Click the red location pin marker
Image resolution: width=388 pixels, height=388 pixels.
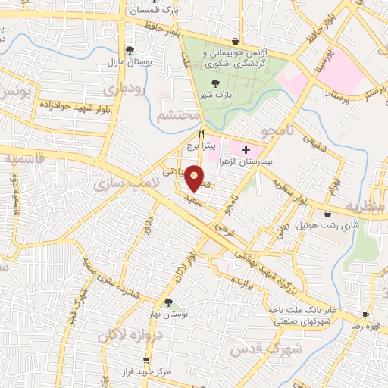[x=195, y=178]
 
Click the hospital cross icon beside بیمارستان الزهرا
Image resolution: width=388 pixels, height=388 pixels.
[x=245, y=150]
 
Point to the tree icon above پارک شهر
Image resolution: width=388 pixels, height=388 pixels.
[x=218, y=83]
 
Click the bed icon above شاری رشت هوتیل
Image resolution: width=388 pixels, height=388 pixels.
[x=327, y=214]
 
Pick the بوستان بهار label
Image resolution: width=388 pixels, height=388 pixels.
[x=180, y=314]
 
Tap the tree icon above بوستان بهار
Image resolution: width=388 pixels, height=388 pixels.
[x=168, y=303]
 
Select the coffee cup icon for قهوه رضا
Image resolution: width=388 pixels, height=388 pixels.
[x=365, y=314]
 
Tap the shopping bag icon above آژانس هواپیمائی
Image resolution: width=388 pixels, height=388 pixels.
[x=236, y=41]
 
